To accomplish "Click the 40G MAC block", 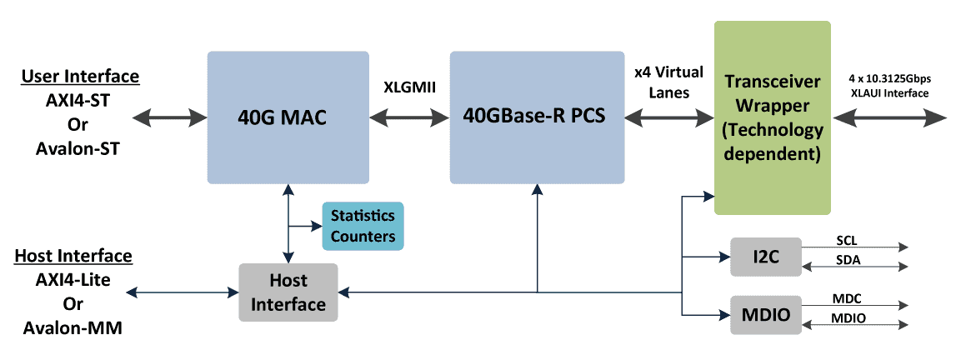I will (x=287, y=117).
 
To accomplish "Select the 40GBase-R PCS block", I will (x=537, y=117).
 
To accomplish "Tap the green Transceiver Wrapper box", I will (x=773, y=117).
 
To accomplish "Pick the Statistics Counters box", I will (x=363, y=226).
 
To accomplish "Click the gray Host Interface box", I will (x=288, y=292).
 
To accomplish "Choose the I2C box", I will (x=765, y=256).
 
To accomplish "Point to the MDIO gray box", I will (x=765, y=315).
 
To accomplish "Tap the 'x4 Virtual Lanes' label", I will (x=669, y=82).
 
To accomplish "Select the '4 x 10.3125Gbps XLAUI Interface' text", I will (x=889, y=87).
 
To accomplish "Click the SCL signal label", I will (x=847, y=240).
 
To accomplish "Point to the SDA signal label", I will (x=847, y=260).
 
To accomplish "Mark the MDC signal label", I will (x=847, y=298).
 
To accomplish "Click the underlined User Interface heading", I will (x=80, y=77).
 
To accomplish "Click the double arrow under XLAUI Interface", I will (x=889, y=118).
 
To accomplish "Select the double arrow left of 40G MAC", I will (x=168, y=117).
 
